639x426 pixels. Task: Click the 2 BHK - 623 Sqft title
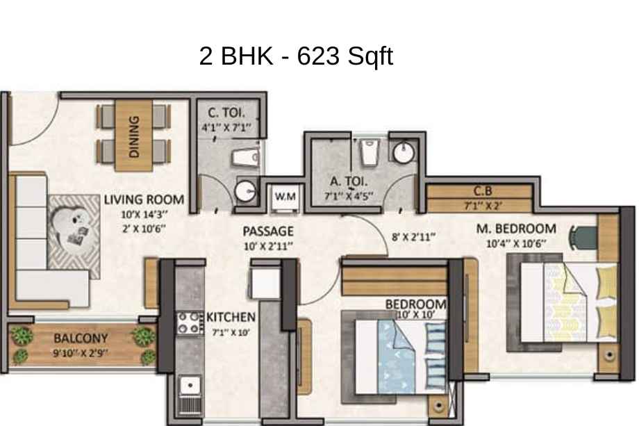coord(297,56)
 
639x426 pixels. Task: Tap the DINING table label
coord(133,136)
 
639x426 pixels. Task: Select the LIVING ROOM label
coord(144,199)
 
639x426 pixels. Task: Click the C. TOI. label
coord(226,113)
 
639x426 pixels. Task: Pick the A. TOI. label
coord(349,181)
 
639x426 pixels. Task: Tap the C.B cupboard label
coord(483,190)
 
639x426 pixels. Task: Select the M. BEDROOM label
coord(516,229)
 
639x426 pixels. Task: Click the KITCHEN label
coord(231,317)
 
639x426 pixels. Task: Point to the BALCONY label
coord(81,338)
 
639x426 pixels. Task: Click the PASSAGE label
coord(268,231)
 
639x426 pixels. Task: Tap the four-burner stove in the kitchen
coord(190,323)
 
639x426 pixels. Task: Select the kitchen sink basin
coord(190,385)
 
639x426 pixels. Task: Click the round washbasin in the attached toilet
coord(404,152)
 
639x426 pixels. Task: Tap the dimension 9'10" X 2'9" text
coord(81,352)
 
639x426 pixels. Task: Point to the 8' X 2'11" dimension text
coord(414,236)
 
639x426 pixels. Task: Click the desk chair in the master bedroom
coord(583,237)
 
